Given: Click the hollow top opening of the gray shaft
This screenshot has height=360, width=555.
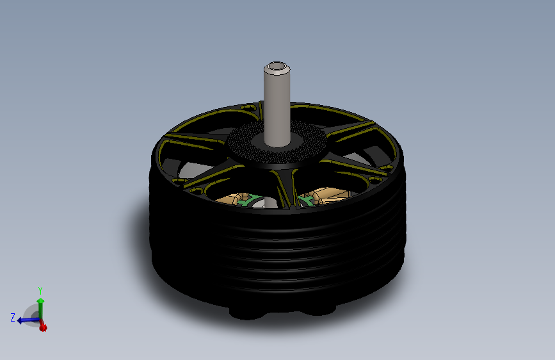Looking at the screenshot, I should point(276,66).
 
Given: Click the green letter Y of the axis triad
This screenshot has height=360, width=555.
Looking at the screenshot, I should point(40,290).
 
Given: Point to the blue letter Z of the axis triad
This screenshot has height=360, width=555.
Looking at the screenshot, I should point(13,317).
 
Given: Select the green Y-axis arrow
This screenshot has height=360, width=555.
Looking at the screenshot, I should point(40,306).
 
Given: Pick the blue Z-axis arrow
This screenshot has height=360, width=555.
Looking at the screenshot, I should point(27,320).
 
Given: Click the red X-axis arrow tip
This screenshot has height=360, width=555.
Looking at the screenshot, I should point(43,328).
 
